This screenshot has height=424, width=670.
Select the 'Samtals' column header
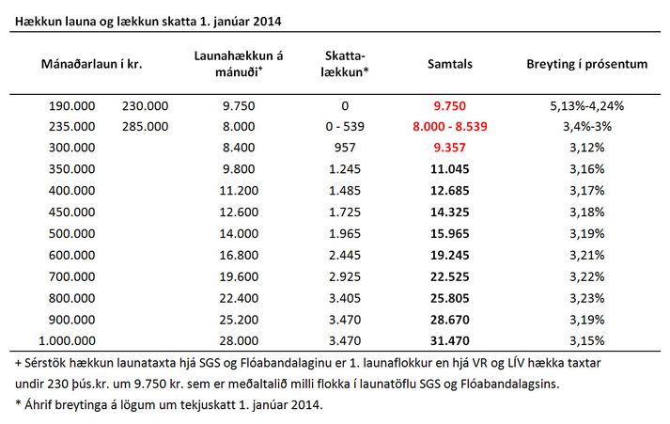[450, 64]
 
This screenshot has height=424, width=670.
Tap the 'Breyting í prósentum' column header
[586, 65]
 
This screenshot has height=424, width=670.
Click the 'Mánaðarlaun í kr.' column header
[91, 64]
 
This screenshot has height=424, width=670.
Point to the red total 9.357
[449, 148]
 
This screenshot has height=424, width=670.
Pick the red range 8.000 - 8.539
[449, 127]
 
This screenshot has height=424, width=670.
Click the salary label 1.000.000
[67, 340]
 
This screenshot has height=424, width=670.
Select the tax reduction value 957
[345, 148]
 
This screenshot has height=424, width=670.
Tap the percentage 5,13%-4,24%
[586, 105]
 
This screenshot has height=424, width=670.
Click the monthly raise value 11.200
[239, 191]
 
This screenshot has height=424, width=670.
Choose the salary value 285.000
[145, 127]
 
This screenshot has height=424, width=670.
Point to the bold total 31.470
[449, 340]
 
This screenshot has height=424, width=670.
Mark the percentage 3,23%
[586, 298]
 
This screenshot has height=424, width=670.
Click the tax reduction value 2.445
[345, 255]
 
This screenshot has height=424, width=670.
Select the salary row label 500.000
[71, 234]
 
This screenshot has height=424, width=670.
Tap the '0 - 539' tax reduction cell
[345, 127]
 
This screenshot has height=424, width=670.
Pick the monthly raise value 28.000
[239, 340]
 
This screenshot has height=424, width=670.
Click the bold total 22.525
[449, 276]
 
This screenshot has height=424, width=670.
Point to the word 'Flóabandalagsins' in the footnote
[509, 384]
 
